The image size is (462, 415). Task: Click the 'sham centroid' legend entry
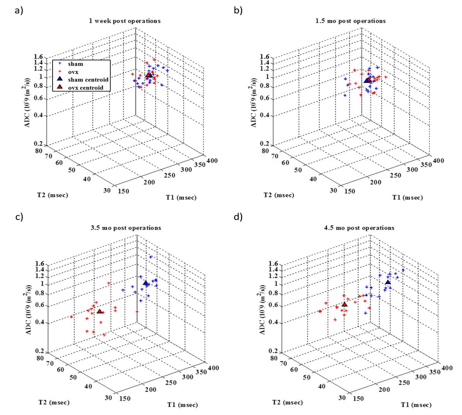click(x=88, y=79)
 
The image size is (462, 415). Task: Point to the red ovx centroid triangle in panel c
click(x=100, y=311)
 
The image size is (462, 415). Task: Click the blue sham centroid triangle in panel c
click(x=146, y=283)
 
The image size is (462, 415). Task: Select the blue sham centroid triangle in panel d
click(x=388, y=282)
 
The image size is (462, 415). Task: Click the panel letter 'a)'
click(x=19, y=10)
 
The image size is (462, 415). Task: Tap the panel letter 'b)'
click(x=238, y=10)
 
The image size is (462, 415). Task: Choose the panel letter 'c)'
click(x=19, y=217)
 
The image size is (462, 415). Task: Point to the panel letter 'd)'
click(x=238, y=217)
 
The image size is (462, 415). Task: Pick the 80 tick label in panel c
click(x=38, y=358)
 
